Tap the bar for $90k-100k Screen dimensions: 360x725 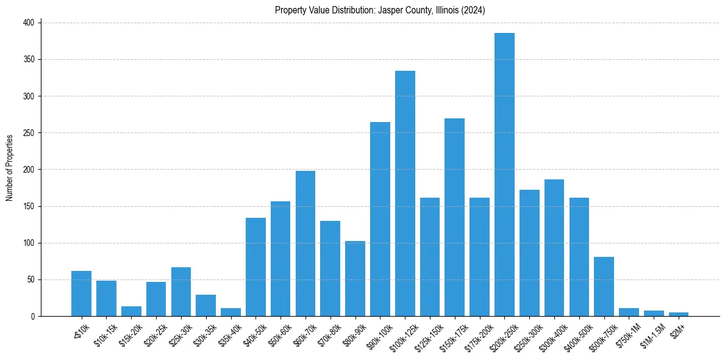click(x=380, y=219)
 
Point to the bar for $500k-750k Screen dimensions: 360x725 click(x=604, y=286)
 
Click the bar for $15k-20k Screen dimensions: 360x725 click(x=131, y=311)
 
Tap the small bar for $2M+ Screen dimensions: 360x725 click(x=679, y=314)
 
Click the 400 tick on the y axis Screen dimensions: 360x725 click(x=30, y=23)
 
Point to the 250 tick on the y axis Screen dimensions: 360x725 click(x=30, y=133)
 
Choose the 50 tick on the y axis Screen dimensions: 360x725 click(x=32, y=280)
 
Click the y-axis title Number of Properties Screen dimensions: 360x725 click(x=9, y=168)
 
